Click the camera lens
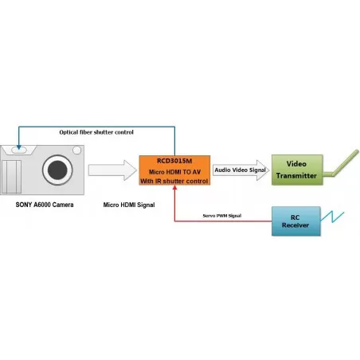[x=57, y=170]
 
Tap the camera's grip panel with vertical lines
[x=11, y=177]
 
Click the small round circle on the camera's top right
[x=76, y=151]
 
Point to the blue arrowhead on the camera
[x=19, y=147]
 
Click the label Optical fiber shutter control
[x=96, y=132]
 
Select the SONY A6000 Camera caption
[x=45, y=205]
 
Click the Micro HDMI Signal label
[x=129, y=205]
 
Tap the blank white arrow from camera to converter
[x=112, y=170]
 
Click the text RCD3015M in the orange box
[x=174, y=161]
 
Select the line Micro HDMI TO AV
[x=174, y=172]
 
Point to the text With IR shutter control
[x=174, y=181]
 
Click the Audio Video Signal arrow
[x=241, y=170]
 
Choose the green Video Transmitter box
[x=297, y=170]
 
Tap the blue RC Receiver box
[x=296, y=221]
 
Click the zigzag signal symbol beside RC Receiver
[x=332, y=217]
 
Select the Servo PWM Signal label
[x=222, y=216]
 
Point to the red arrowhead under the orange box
[x=174, y=187]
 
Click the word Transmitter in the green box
[x=296, y=176]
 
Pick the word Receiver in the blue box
[x=295, y=225]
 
